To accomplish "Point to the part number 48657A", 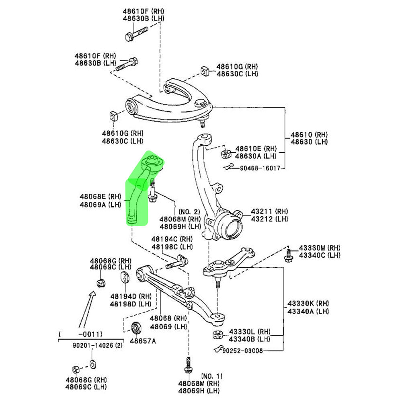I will (142, 341).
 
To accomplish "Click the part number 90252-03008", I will (243, 351).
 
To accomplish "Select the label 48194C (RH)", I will (172, 239).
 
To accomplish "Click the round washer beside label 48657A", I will (136, 328).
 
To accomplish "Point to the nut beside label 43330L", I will (217, 335).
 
